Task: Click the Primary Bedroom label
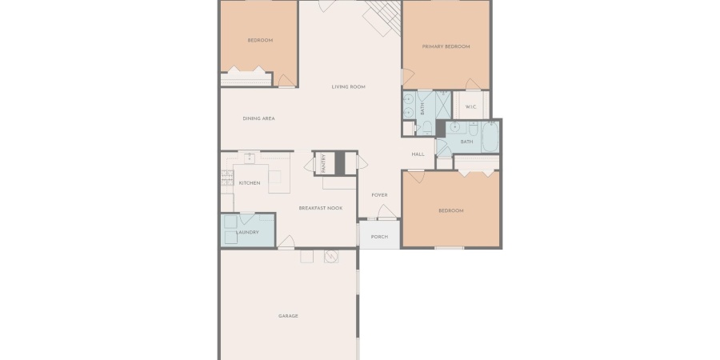click(x=446, y=46)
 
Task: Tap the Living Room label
click(x=349, y=86)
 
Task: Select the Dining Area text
click(x=258, y=118)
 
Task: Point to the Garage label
click(x=288, y=316)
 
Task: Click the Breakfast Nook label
click(x=321, y=208)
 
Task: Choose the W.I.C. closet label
click(x=470, y=107)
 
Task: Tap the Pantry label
click(x=324, y=163)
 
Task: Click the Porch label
click(x=379, y=237)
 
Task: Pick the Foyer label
click(x=379, y=195)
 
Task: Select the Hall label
click(x=418, y=154)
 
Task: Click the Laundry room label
click(x=247, y=232)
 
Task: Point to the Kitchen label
click(x=250, y=183)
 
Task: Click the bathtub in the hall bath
click(x=490, y=137)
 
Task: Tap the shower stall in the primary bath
click(x=443, y=105)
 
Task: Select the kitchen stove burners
click(x=227, y=178)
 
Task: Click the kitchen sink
click(x=249, y=158)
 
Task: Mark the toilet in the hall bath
click(x=474, y=128)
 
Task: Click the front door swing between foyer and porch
click(x=386, y=212)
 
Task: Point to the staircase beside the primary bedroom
click(x=382, y=18)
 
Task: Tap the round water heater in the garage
click(x=331, y=256)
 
